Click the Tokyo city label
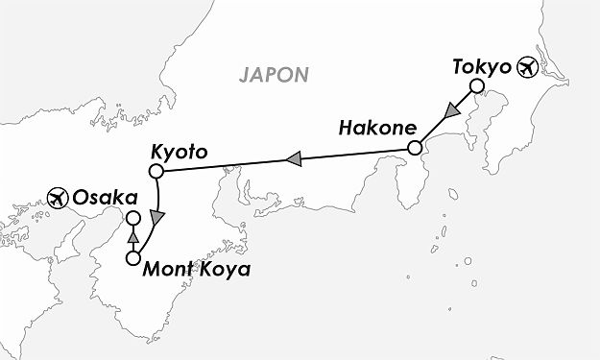480,67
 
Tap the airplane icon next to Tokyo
528,67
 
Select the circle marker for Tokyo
475,89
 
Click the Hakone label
373,128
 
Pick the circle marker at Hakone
415,149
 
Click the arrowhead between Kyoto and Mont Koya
156,219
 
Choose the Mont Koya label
196,270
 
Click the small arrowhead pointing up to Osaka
133,238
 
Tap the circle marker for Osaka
133,218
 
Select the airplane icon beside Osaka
57,199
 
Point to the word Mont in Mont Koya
168,270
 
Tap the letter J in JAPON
245,73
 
